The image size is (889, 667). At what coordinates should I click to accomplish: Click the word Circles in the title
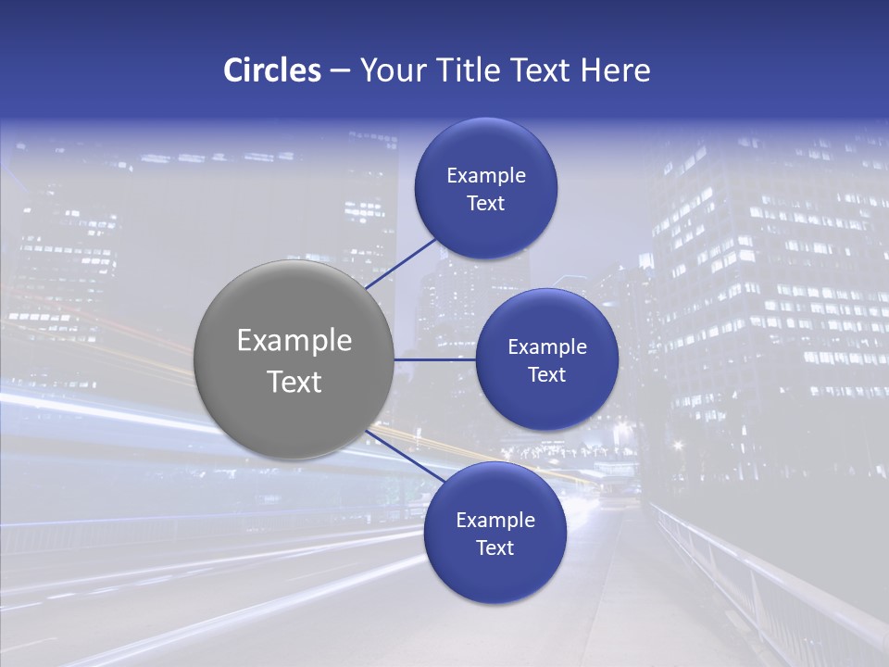coord(272,70)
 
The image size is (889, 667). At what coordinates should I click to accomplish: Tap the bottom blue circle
coord(495,574)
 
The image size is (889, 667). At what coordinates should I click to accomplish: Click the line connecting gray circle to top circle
coord(401,263)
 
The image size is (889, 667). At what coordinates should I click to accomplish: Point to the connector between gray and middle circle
coord(435,359)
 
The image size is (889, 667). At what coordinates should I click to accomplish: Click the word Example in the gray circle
coord(294,341)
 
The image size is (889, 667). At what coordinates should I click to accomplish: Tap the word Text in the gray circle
coord(294,382)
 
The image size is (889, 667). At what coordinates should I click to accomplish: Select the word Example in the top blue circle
coord(486,175)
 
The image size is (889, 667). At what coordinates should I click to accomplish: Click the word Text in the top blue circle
coord(486,203)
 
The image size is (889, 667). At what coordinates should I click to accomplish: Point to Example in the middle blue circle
coord(547,346)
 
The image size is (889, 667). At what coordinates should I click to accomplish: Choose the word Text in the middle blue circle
coord(547,374)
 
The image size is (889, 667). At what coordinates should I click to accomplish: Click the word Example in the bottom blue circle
coord(495,520)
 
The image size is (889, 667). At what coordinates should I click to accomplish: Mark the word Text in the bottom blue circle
coord(495,547)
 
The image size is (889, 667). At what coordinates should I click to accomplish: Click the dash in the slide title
coord(340,71)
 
